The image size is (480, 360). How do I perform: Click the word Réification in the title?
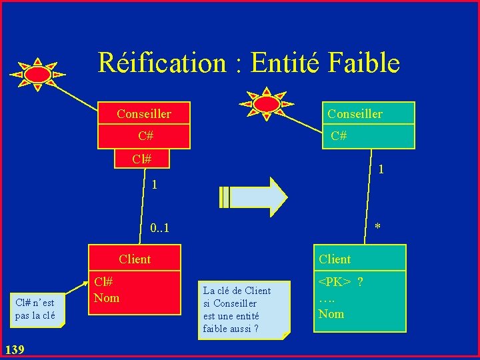(162, 63)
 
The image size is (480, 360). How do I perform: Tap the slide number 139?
(14, 349)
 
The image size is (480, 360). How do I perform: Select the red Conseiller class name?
(143, 114)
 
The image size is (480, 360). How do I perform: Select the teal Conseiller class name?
(355, 114)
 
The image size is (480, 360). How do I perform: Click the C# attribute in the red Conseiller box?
(146, 136)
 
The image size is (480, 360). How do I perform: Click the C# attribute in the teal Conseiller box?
(339, 136)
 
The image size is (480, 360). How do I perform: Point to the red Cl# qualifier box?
(141, 159)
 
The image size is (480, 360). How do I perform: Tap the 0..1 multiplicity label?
(159, 229)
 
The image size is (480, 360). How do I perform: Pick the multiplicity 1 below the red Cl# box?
(154, 185)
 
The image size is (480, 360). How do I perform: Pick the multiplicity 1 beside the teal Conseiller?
(380, 169)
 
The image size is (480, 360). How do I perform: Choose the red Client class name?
(135, 259)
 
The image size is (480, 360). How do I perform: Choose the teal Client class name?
(335, 259)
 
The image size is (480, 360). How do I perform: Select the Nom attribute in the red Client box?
(107, 298)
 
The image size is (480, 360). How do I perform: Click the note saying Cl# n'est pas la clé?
(35, 309)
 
